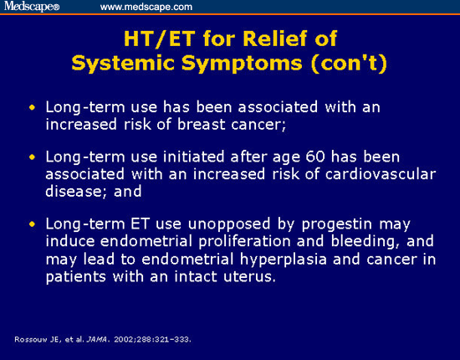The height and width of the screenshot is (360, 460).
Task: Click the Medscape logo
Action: [32, 7]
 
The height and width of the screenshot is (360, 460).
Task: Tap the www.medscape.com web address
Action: [146, 7]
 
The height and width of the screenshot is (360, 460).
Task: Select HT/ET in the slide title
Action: [159, 39]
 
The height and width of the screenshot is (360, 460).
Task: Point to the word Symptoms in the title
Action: [242, 64]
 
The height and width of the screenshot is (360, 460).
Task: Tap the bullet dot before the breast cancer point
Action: [32, 107]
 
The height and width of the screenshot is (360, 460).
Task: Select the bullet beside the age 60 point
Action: [32, 157]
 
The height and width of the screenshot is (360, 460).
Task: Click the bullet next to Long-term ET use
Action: [32, 224]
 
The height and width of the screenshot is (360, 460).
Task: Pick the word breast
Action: [201, 124]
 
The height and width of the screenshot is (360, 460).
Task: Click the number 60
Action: [315, 157]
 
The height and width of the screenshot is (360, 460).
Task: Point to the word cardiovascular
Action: [381, 174]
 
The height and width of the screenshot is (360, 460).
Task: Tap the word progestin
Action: [337, 225]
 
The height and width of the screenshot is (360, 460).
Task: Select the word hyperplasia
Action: [284, 260]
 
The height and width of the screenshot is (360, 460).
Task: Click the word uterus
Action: [250, 276]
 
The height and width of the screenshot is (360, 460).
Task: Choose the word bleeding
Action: [365, 242]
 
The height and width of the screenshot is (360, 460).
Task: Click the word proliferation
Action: [245, 242]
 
